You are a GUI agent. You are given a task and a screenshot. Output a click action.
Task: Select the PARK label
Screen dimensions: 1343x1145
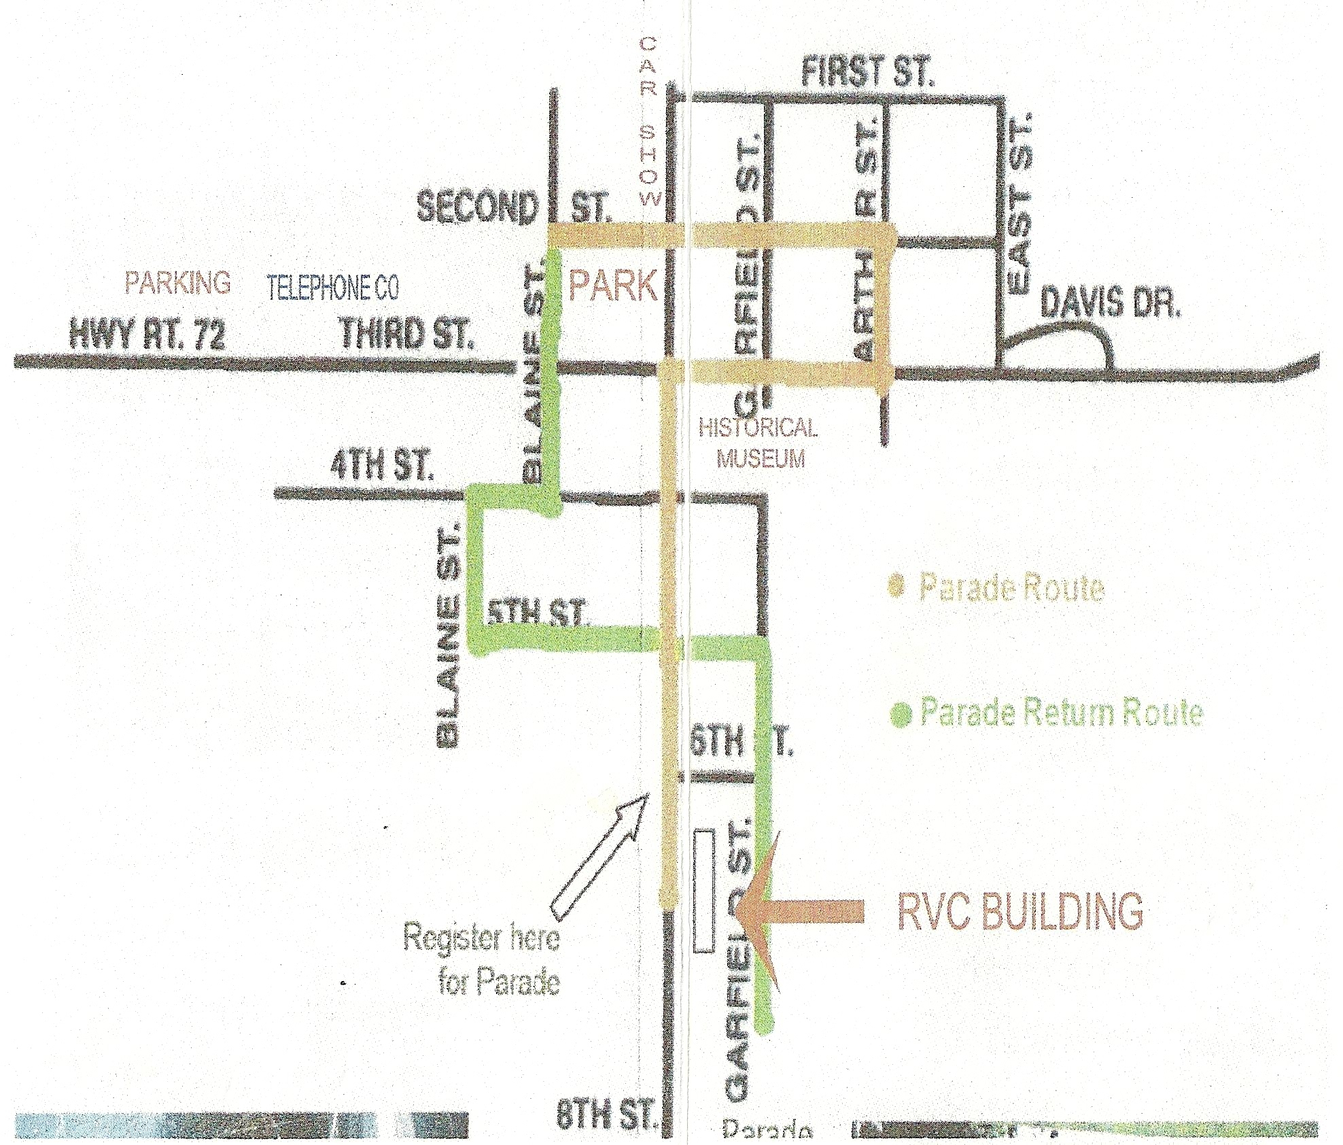pyautogui.click(x=613, y=286)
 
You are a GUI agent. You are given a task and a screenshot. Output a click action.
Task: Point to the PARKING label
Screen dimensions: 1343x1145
pyautogui.click(x=177, y=283)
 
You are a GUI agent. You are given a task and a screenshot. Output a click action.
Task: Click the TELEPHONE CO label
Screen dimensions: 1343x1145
pyautogui.click(x=332, y=288)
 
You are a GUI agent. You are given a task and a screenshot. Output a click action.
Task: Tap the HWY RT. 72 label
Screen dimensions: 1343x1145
pyautogui.click(x=147, y=335)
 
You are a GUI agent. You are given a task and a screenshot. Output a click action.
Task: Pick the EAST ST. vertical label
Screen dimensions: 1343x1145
pyautogui.click(x=1020, y=204)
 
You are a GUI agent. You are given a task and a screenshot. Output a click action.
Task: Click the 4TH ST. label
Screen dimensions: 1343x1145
pyautogui.click(x=381, y=466)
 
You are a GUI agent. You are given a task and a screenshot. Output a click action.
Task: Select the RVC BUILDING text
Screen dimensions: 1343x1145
pyautogui.click(x=1020, y=911)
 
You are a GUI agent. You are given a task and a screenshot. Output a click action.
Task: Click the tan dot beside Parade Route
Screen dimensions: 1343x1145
pyautogui.click(x=897, y=585)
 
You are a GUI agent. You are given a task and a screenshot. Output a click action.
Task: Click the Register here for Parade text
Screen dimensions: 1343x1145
pyautogui.click(x=483, y=959)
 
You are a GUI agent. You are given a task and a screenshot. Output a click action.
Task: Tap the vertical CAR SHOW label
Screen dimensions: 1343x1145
pyautogui.click(x=649, y=122)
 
